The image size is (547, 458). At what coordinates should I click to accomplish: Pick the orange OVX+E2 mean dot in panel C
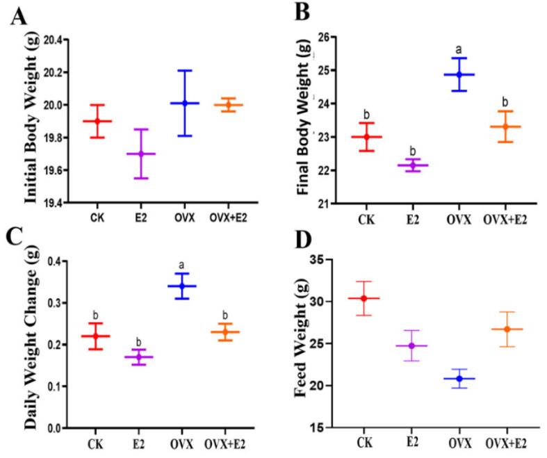click(224, 332)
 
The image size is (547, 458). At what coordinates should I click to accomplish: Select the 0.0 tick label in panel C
click(62, 428)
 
